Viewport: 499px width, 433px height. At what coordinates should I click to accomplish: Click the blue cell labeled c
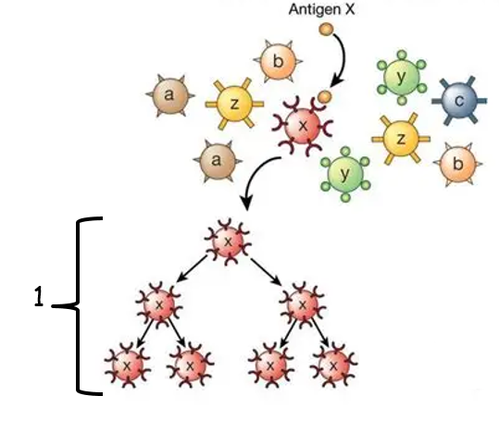459,101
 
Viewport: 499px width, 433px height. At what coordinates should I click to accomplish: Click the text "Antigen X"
321,9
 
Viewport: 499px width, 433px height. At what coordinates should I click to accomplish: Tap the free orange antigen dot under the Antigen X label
326,30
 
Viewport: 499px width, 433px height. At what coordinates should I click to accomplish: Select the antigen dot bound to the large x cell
325,97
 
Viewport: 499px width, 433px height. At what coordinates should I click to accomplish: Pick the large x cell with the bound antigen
303,127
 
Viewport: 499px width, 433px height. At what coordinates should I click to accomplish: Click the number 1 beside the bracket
39,296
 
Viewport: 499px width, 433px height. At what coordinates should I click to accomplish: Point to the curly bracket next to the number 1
79,305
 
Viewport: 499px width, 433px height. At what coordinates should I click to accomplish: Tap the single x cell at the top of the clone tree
228,241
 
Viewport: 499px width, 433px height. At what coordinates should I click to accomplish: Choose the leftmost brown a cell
170,95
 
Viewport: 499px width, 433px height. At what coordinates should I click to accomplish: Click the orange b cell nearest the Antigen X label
278,61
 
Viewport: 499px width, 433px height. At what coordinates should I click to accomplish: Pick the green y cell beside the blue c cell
402,78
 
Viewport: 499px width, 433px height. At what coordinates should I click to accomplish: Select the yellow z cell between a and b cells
234,104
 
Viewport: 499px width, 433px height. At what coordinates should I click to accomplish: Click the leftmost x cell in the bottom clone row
128,365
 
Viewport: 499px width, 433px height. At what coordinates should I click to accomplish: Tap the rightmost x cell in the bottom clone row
334,365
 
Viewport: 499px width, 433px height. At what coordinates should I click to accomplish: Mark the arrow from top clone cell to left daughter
192,269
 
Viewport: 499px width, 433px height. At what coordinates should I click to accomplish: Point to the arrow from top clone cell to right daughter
266,271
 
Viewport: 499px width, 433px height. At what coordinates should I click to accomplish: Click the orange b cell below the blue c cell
457,164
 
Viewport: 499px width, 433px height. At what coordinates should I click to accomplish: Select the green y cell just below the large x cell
345,174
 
